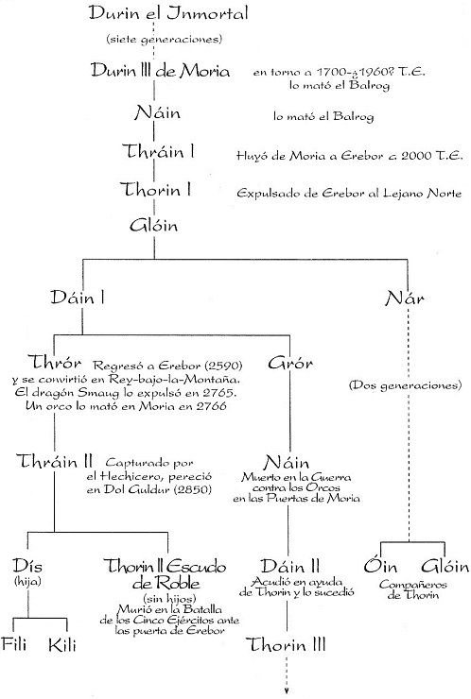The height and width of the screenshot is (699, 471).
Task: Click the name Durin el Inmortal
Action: point(167,13)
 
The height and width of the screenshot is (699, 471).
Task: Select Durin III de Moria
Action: point(160,71)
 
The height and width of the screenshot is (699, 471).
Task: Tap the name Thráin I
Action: point(159,151)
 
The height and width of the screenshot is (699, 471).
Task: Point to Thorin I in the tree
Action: point(155,190)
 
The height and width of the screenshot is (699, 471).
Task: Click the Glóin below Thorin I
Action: point(153,225)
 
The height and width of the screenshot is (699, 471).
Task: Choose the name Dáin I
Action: point(78,297)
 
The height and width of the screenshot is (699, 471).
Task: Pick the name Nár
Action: point(405,298)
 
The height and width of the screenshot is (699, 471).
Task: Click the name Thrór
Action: point(55,362)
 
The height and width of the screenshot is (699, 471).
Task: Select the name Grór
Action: point(290,363)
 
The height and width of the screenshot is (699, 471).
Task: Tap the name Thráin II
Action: point(55,461)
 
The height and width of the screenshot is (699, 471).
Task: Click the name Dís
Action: point(27,566)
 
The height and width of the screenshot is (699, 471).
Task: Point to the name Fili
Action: point(14,644)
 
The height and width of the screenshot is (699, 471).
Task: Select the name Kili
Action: point(62,645)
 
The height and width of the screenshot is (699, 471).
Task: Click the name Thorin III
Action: point(286,644)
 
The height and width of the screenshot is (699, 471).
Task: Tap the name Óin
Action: point(380,566)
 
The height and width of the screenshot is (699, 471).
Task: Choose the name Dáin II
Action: point(290,566)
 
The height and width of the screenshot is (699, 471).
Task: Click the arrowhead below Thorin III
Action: point(287,691)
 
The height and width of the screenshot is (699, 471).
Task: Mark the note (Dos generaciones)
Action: point(405,384)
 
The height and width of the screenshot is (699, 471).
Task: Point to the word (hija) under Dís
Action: point(27,581)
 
